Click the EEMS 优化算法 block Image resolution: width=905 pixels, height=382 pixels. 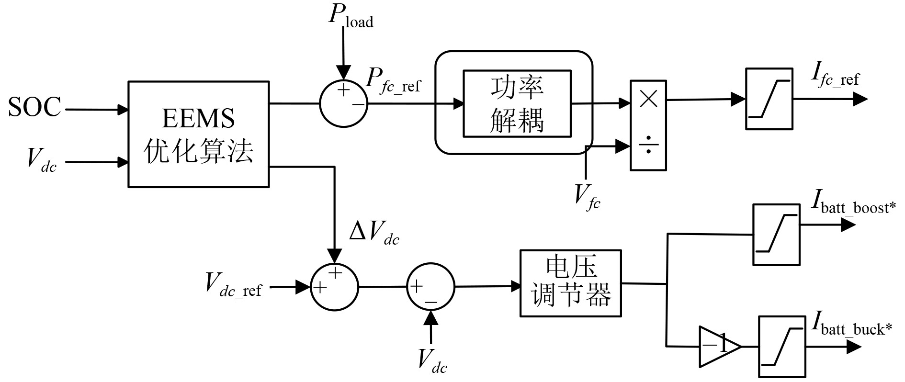198,134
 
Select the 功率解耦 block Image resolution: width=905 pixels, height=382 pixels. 517,103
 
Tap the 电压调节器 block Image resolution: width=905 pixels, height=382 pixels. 570,283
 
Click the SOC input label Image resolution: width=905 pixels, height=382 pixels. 34,107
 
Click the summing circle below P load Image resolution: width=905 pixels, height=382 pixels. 343,103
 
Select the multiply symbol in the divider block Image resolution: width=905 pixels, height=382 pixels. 648,99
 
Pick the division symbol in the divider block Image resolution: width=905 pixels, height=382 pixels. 648,145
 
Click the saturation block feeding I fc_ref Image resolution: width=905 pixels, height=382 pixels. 769,99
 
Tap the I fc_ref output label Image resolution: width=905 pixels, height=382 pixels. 835,77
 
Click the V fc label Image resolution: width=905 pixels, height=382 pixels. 587,197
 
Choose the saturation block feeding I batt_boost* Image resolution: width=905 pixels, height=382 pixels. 776,235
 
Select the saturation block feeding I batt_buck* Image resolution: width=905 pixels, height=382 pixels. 781,346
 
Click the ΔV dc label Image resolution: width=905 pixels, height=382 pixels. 374,234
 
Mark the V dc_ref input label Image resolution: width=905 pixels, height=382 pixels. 233,285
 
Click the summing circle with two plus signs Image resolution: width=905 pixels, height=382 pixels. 334,287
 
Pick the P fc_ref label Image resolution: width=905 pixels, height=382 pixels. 393,80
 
